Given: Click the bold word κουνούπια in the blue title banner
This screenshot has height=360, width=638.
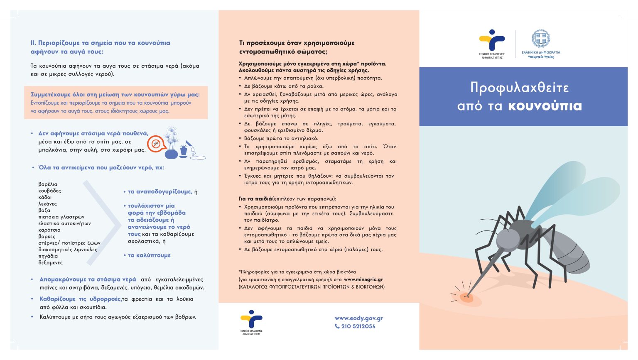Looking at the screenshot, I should [545, 106].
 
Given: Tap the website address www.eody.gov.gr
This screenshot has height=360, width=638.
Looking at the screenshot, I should [359, 318].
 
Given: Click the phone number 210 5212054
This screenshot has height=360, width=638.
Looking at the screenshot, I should [358, 326].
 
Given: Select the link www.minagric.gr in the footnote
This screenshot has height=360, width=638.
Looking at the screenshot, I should [363, 280].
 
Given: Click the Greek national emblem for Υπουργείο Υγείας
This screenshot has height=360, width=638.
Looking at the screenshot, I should [541, 39].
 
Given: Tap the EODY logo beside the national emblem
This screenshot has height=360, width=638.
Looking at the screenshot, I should [492, 40].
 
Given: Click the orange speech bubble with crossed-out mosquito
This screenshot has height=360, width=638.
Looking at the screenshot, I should [156, 144].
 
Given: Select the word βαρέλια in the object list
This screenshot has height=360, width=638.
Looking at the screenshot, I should [48, 184].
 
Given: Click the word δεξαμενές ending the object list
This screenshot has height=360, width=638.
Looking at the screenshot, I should [50, 263].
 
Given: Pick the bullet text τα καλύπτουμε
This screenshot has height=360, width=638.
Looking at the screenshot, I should [149, 255].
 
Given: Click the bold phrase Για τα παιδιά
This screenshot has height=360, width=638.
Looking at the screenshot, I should [255, 199].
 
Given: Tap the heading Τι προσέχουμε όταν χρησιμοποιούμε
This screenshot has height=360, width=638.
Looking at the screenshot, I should [297, 43].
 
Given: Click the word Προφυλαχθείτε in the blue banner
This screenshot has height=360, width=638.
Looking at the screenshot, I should [519, 88].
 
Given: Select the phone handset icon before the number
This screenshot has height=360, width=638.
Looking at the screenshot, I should [337, 326].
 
